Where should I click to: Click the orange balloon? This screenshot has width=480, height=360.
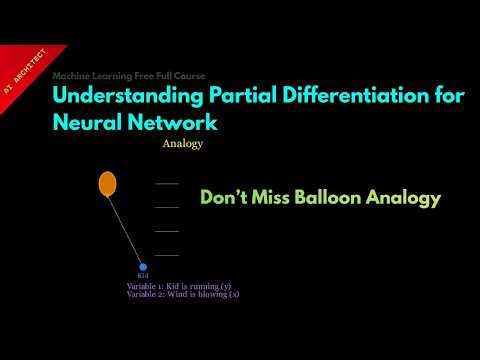click(107, 184)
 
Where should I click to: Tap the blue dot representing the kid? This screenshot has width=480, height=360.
click(143, 267)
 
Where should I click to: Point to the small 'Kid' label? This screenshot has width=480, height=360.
click(143, 276)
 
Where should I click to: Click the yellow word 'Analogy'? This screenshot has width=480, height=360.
click(182, 144)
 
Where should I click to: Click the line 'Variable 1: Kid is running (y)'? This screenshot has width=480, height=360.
click(182, 286)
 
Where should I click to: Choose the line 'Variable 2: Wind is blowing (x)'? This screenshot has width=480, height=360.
click(183, 295)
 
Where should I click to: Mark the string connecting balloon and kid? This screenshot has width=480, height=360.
click(126, 228)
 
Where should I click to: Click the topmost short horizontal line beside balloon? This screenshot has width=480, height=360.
click(167, 184)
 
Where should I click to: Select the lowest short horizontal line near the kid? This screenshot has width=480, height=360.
click(167, 255)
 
